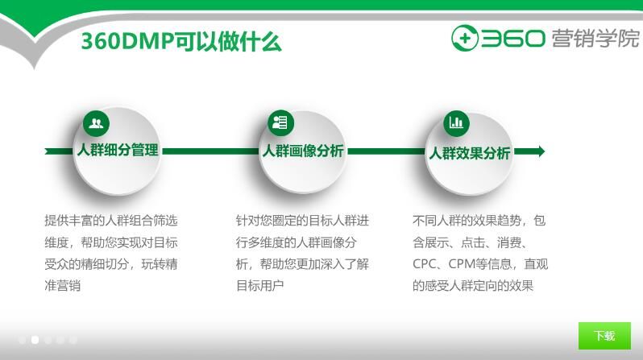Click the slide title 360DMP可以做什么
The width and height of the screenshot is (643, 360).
pyautogui.click(x=180, y=41)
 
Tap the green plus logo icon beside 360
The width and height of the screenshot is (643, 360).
pyautogui.click(x=465, y=38)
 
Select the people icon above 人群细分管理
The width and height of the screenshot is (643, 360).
pyautogui.click(x=96, y=123)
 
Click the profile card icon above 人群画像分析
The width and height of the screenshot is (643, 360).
pyautogui.click(x=280, y=122)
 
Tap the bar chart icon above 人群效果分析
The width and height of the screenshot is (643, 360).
pyautogui.click(x=457, y=122)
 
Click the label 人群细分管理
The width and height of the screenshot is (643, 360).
pyautogui.click(x=118, y=151)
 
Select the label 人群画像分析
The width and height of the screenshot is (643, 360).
pyautogui.click(x=302, y=151)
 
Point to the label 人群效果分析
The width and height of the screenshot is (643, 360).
pyautogui.click(x=469, y=153)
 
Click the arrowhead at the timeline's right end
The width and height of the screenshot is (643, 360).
pyautogui.click(x=539, y=151)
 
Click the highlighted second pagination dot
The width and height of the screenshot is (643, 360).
pyautogui.click(x=35, y=340)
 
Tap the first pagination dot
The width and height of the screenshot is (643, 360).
pyautogui.click(x=22, y=340)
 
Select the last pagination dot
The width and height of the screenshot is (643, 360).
pyautogui.click(x=73, y=340)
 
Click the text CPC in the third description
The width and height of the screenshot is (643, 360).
pyautogui.click(x=424, y=263)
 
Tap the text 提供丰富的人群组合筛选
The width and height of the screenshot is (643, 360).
pyautogui.click(x=110, y=220)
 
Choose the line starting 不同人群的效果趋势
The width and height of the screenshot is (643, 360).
pyautogui.click(x=479, y=220)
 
